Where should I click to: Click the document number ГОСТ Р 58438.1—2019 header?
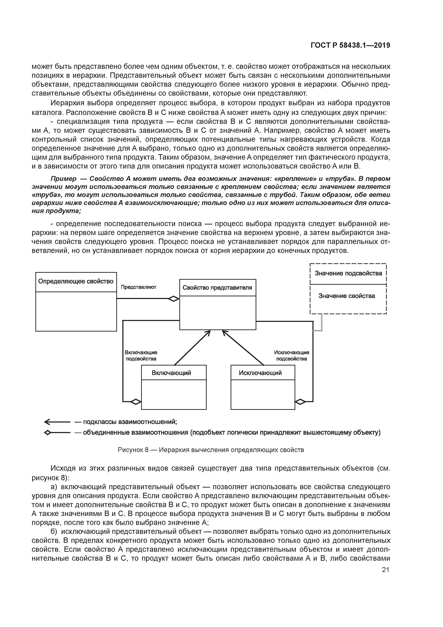pos(350,45)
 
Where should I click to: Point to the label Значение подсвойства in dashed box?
pos(348,273)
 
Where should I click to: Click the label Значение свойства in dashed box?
pos(347,296)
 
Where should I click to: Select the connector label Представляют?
pos(138,287)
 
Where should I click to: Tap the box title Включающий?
pos(171,373)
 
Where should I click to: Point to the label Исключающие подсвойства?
pos(292,356)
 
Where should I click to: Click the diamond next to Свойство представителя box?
pos(174,299)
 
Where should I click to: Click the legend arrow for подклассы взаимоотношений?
pos(57,422)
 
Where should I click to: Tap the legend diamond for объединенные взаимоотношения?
pos(48,433)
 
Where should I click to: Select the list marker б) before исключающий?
pos(54,532)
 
